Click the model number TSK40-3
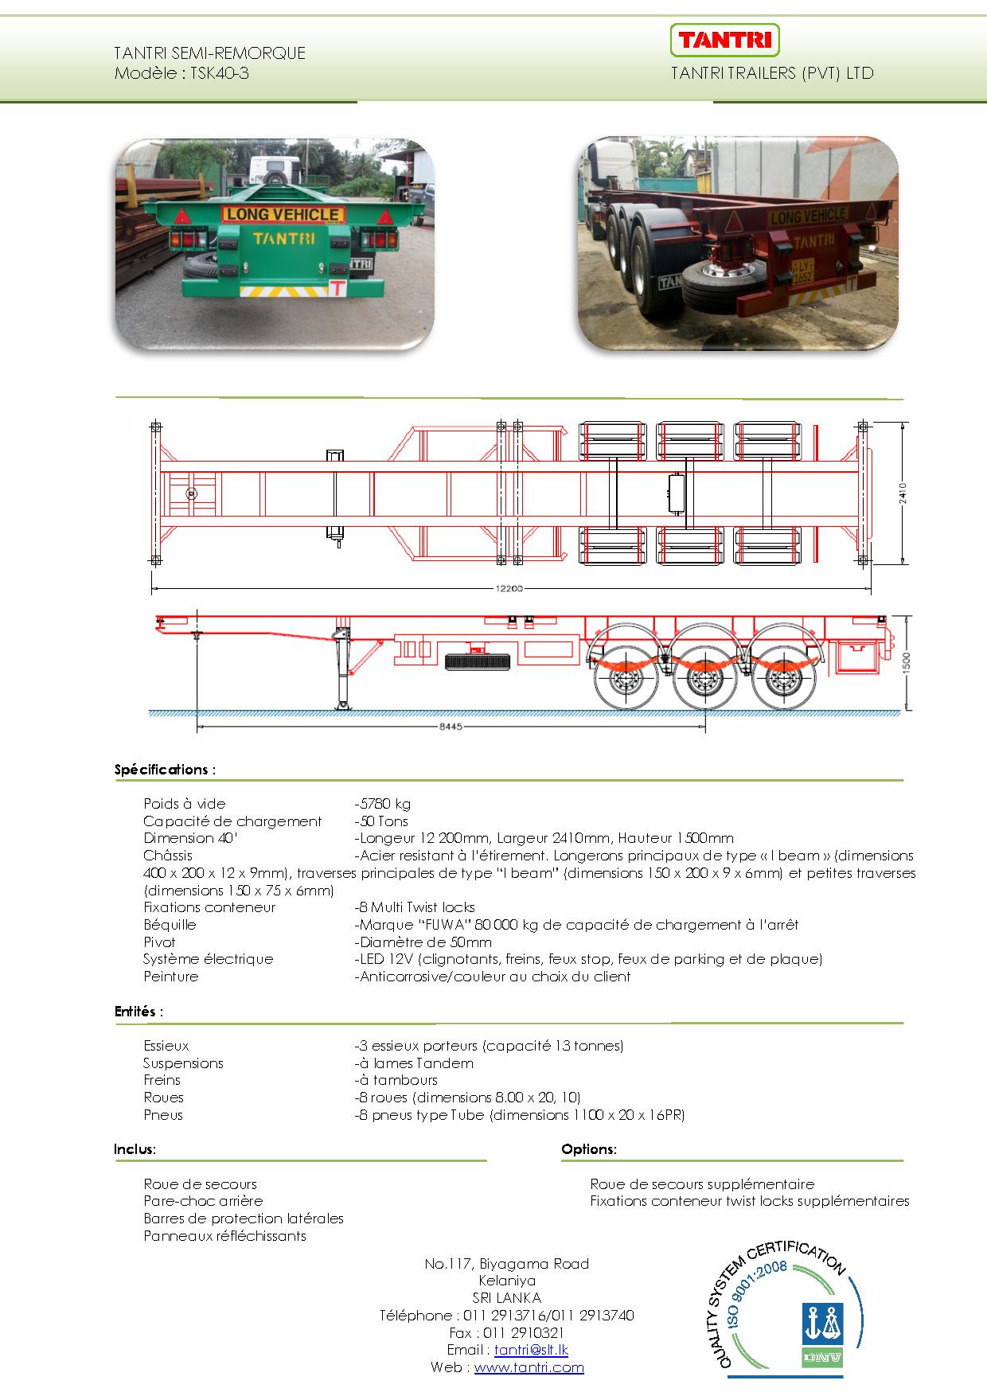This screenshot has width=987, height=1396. point(220,74)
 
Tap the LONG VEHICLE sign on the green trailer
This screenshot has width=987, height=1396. point(282,214)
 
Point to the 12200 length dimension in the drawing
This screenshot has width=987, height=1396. point(510,589)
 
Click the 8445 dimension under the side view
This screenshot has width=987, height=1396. point(450,727)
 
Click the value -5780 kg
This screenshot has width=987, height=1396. point(383,804)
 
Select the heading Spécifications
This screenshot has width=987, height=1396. point(163,770)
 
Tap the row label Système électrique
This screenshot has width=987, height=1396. point(208,959)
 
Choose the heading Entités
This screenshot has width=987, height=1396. point(137,1012)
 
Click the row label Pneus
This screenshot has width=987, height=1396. point(163,1115)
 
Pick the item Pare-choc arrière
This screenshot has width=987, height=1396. point(203,1201)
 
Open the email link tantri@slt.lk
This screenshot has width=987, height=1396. point(531,1350)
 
